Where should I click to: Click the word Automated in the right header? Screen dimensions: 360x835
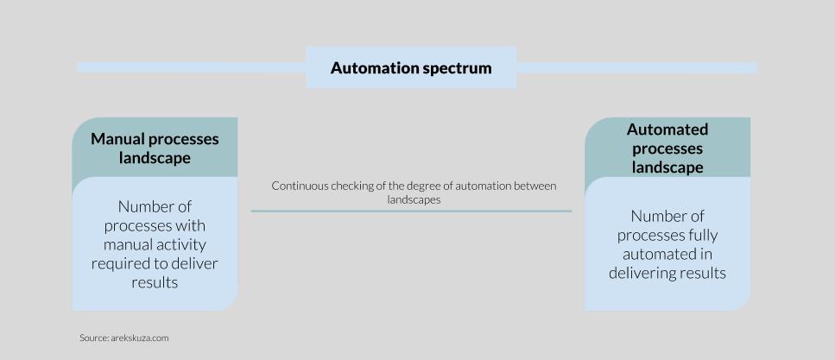pyautogui.click(x=667, y=129)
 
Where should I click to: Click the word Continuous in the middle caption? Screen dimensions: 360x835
pyautogui.click(x=297, y=186)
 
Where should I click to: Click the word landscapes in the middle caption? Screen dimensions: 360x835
pyautogui.click(x=413, y=199)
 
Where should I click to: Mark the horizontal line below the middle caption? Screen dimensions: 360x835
pyautogui.click(x=411, y=211)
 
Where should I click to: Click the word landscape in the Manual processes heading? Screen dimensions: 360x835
pyautogui.click(x=155, y=158)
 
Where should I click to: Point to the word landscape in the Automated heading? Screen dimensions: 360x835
pyautogui.click(x=667, y=167)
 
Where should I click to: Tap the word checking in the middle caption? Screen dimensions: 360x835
pyautogui.click(x=349, y=186)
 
